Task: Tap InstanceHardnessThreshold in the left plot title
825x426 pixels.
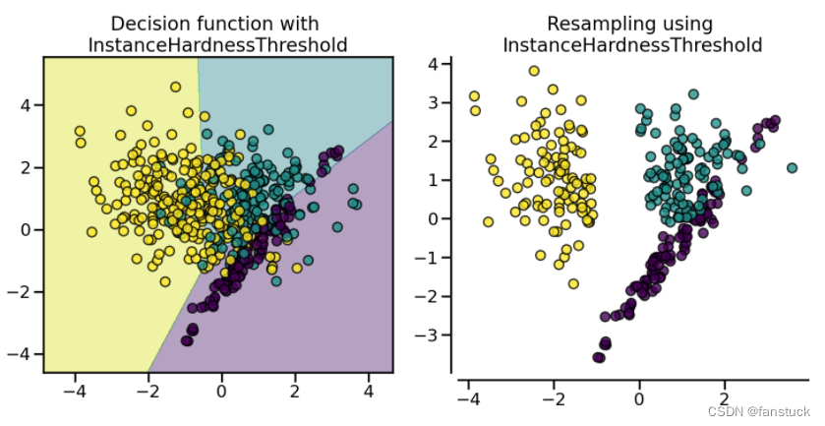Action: pyautogui.click(x=217, y=44)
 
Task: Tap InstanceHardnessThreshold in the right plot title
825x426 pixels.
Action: pyautogui.click(x=632, y=44)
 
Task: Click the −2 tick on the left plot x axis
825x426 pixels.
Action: pyautogui.click(x=147, y=392)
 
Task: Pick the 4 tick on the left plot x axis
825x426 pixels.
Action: pyautogui.click(x=369, y=392)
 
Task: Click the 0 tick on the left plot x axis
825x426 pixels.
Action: pyautogui.click(x=222, y=392)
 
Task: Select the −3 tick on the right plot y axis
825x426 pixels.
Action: pyautogui.click(x=431, y=335)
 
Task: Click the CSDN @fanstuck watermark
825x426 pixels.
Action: pyautogui.click(x=759, y=410)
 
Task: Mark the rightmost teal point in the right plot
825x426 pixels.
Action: pyautogui.click(x=792, y=168)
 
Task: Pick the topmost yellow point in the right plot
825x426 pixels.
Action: pyautogui.click(x=534, y=71)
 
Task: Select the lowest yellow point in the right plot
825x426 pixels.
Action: pyautogui.click(x=573, y=283)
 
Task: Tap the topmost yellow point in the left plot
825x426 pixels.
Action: pyautogui.click(x=176, y=88)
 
